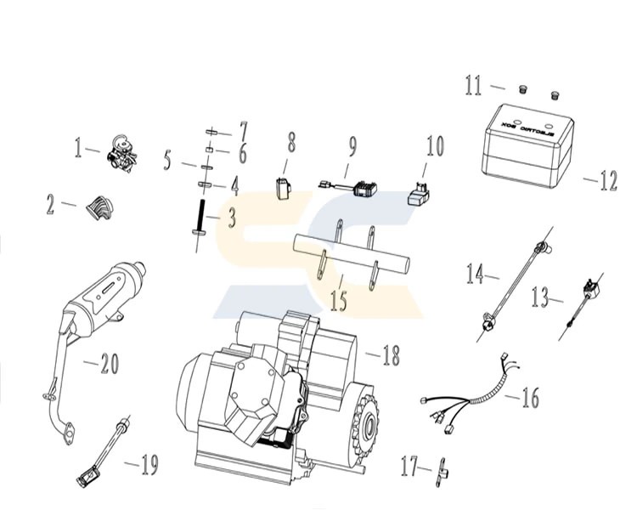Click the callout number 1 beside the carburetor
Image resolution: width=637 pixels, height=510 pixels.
tap(80, 150)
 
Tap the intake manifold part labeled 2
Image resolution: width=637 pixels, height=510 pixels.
tap(100, 206)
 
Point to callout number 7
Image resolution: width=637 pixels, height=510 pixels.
tap(243, 133)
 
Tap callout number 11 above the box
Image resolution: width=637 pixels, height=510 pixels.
tap(472, 85)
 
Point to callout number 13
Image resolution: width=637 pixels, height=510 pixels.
tap(540, 297)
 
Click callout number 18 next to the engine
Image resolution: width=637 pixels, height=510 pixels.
tap(389, 355)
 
